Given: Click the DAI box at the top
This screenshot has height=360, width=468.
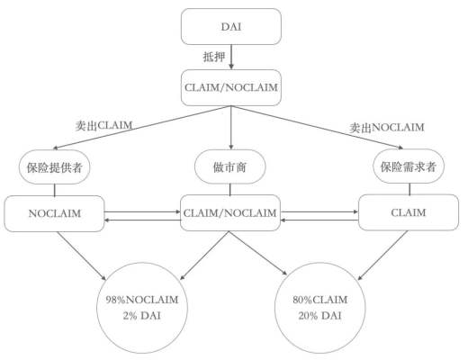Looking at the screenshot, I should (x=232, y=27).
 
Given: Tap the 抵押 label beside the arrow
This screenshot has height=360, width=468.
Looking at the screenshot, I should (x=213, y=57).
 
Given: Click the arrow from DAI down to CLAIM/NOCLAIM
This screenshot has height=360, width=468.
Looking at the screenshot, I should (x=232, y=57).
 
